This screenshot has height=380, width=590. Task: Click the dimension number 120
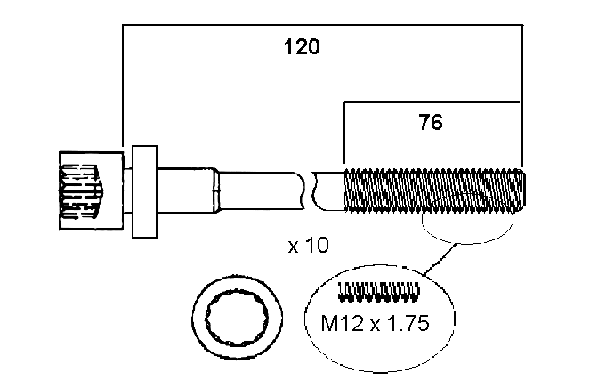point(302,47)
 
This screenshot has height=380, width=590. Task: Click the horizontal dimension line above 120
point(320,26)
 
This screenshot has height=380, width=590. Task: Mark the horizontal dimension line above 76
point(432,102)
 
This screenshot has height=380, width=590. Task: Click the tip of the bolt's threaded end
point(524,190)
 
